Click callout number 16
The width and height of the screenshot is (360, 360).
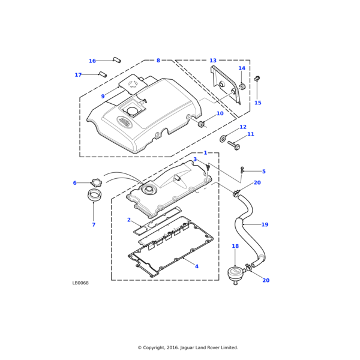click(92, 61)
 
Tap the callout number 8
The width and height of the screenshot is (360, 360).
click(158, 61)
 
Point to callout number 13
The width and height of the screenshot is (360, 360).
click(213, 61)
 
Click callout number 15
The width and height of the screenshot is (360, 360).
click(257, 103)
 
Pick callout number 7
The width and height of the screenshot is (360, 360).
click(94, 224)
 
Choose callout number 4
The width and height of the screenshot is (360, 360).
click(197, 266)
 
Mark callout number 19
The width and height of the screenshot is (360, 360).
click(265, 224)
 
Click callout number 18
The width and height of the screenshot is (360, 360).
click(235, 246)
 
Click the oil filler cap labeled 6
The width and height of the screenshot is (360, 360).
click(96, 182)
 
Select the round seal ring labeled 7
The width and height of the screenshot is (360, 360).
click(95, 194)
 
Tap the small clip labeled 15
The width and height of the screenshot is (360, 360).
click(257, 78)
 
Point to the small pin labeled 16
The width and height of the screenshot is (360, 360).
click(117, 60)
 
